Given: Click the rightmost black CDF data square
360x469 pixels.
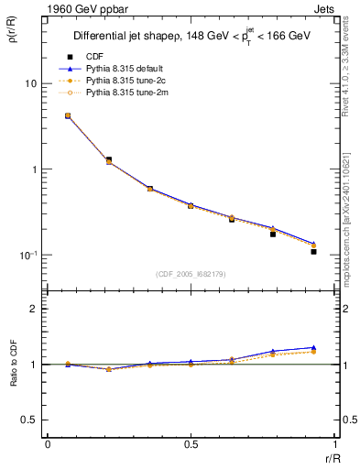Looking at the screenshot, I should [313, 251].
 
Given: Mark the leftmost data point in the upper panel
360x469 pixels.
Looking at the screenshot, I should [68, 116].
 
